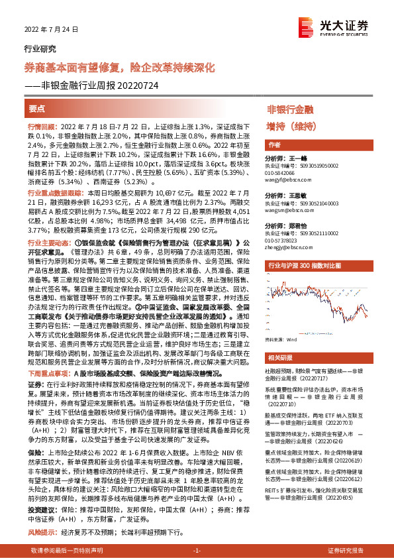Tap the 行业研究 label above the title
[40, 48]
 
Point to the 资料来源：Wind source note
[281, 339]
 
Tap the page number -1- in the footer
[196, 550]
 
